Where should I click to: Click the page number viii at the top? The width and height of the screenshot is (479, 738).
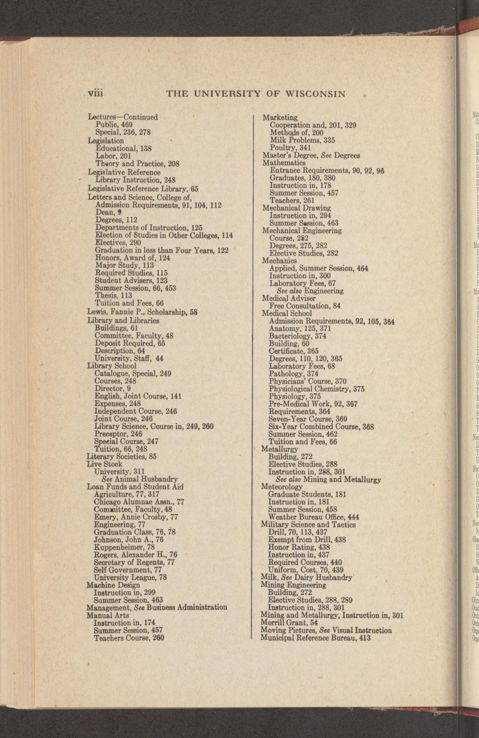(x=96, y=93)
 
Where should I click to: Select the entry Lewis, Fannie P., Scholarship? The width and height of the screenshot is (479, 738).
(x=142, y=312)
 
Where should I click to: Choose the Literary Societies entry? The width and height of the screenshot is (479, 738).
(x=122, y=456)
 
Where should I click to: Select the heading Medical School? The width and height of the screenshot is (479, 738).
(x=287, y=314)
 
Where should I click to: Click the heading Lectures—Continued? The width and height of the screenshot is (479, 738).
(x=123, y=117)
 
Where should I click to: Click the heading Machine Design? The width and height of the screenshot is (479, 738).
(x=113, y=585)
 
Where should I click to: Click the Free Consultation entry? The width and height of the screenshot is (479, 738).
(x=305, y=306)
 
